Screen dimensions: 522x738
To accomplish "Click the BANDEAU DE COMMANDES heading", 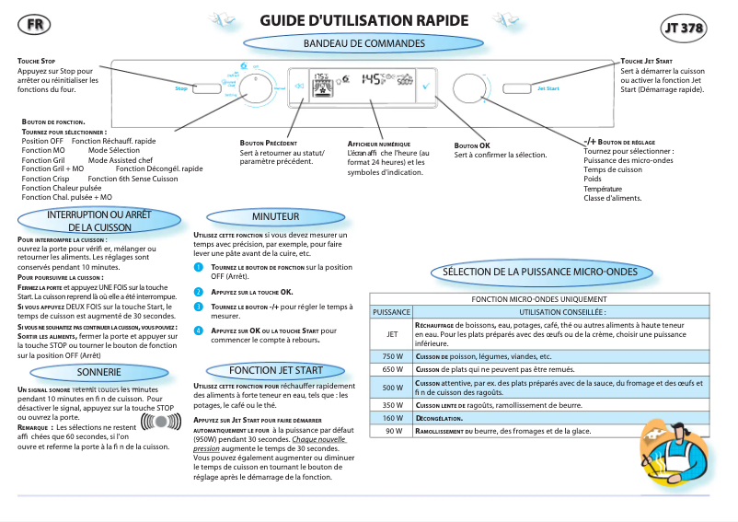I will (x=364, y=43).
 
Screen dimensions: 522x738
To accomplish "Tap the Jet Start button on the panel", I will (x=548, y=88).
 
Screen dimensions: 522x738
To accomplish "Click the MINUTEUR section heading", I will (x=275, y=216).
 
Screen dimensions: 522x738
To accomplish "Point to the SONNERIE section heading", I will (x=99, y=372).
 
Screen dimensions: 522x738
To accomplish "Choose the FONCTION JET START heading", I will (x=275, y=370).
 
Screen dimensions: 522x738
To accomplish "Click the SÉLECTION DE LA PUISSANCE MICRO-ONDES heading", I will (x=539, y=273).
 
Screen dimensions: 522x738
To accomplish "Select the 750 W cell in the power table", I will (x=392, y=356).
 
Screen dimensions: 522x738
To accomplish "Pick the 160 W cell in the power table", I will (x=392, y=418).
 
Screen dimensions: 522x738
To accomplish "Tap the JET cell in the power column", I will (x=392, y=333).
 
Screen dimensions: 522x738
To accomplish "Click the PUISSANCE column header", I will (x=391, y=312).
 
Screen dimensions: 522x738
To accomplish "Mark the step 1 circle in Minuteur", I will (x=197, y=267).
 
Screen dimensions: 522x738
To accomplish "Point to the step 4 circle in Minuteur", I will (x=197, y=331).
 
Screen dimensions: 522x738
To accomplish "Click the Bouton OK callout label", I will (x=472, y=145).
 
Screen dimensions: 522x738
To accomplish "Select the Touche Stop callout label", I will (x=37, y=61).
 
